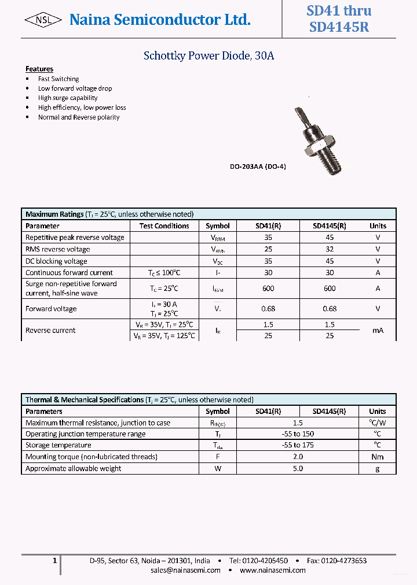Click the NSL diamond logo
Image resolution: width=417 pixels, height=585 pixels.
[x=43, y=21]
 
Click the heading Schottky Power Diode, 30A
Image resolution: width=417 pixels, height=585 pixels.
[x=209, y=56]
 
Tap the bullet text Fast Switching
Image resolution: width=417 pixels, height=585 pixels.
[x=58, y=79]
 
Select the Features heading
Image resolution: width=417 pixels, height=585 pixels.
[x=39, y=69]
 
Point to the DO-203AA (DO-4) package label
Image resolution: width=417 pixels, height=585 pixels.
[x=258, y=166]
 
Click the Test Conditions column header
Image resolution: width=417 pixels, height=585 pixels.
[x=164, y=226]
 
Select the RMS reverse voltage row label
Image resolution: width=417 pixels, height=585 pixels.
[x=58, y=249]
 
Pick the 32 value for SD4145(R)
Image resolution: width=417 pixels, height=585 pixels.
[x=330, y=249]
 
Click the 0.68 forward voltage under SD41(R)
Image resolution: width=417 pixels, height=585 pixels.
[x=268, y=309]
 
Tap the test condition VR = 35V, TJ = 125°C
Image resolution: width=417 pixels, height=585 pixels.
[x=164, y=335]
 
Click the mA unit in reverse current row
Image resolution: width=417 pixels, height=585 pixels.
[x=378, y=330]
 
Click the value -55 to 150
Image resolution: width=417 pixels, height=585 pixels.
[x=298, y=434]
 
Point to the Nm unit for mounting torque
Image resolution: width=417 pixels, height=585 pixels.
[x=378, y=457]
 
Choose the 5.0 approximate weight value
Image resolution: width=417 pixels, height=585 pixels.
[x=298, y=468]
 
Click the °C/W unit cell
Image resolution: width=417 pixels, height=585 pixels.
[x=378, y=423]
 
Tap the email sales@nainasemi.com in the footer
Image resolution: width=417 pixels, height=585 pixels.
[x=185, y=570]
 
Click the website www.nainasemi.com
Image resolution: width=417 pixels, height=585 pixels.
[x=273, y=570]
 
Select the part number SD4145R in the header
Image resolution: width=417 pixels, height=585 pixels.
[x=339, y=27]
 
